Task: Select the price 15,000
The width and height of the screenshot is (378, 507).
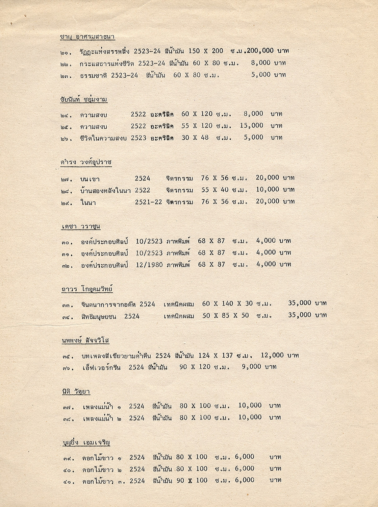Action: click(x=252, y=125)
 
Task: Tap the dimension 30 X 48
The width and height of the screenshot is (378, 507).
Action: click(x=195, y=137)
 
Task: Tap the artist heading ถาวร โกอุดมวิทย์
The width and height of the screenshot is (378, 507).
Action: click(x=87, y=289)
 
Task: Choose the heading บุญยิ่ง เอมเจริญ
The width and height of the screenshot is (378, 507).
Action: click(x=86, y=442)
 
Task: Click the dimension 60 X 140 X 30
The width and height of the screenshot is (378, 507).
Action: click(x=227, y=304)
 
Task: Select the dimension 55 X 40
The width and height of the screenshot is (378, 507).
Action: click(x=215, y=190)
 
